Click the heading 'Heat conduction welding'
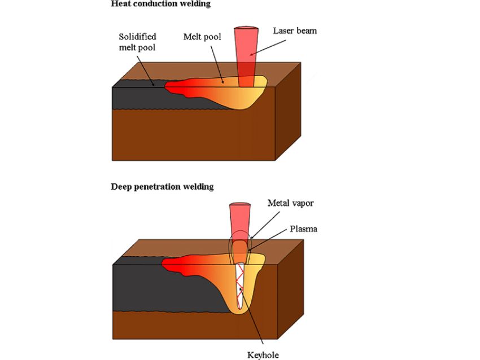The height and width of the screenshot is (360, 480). click(160, 4)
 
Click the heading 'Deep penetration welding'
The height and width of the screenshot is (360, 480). click(163, 186)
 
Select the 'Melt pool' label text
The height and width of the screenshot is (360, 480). click(202, 37)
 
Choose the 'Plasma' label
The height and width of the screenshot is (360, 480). click(303, 229)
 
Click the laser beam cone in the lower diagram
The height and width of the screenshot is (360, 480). click(239, 220)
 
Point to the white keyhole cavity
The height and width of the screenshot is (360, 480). click(241, 285)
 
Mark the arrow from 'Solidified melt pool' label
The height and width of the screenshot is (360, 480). click(149, 71)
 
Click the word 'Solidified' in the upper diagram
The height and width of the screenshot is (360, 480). click(137, 37)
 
